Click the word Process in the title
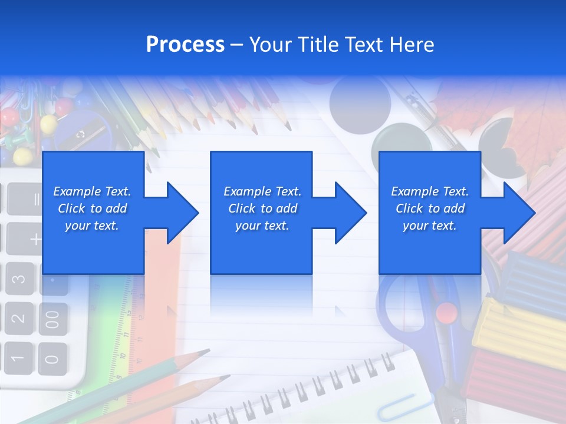tap(185, 45)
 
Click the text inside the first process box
tap(93, 208)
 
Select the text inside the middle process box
tap(262, 208)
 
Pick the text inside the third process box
tap(430, 208)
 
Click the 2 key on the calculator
tap(19, 319)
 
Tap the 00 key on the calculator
tap(53, 319)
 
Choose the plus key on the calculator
tap(35, 238)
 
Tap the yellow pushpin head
tap(22, 155)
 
